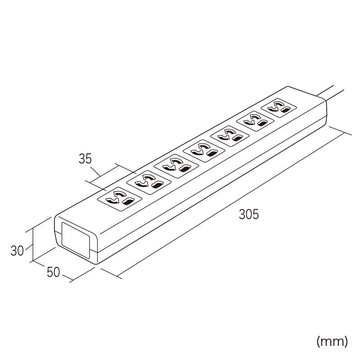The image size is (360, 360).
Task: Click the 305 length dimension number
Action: [249, 215]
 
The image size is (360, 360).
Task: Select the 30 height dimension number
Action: [17, 251]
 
